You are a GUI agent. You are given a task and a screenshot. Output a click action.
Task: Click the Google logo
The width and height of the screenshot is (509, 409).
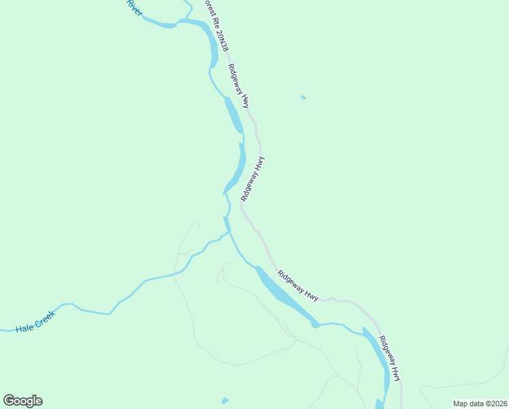click(x=22, y=401)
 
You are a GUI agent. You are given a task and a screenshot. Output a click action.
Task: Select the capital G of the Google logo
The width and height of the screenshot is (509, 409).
click(x=9, y=400)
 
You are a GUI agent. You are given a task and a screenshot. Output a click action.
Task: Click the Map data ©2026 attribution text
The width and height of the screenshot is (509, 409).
click(x=480, y=404)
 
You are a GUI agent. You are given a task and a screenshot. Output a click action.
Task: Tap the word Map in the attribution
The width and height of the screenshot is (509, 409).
click(x=460, y=404)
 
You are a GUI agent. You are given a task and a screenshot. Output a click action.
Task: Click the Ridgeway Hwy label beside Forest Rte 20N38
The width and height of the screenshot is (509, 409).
click(x=239, y=86)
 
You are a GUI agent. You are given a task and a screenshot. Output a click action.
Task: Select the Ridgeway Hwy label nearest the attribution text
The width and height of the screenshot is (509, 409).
click(x=390, y=359)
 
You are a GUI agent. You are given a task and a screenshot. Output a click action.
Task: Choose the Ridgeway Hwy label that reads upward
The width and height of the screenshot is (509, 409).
click(x=252, y=179)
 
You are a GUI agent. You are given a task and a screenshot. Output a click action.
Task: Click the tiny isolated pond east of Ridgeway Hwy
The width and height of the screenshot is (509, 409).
click(x=303, y=97)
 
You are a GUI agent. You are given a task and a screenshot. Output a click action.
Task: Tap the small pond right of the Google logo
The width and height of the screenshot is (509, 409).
click(x=225, y=401)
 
